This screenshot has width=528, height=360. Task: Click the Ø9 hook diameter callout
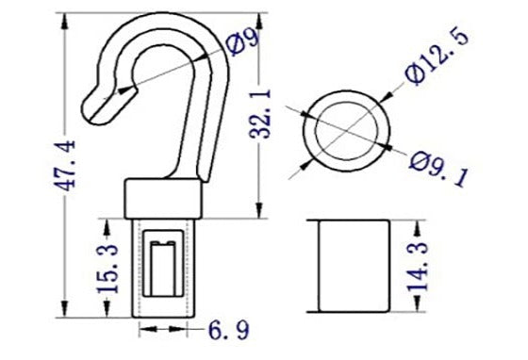243,40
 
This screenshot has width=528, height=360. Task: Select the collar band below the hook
162,201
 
